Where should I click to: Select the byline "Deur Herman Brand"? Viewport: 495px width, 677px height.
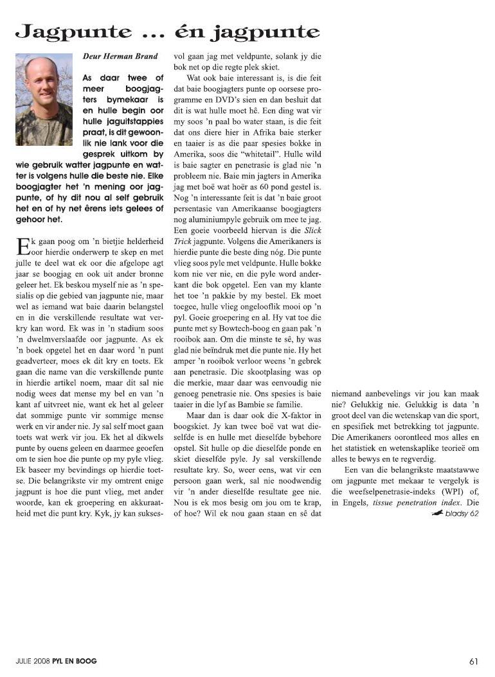tap(120, 57)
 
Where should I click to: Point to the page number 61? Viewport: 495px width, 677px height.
tap(474, 660)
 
